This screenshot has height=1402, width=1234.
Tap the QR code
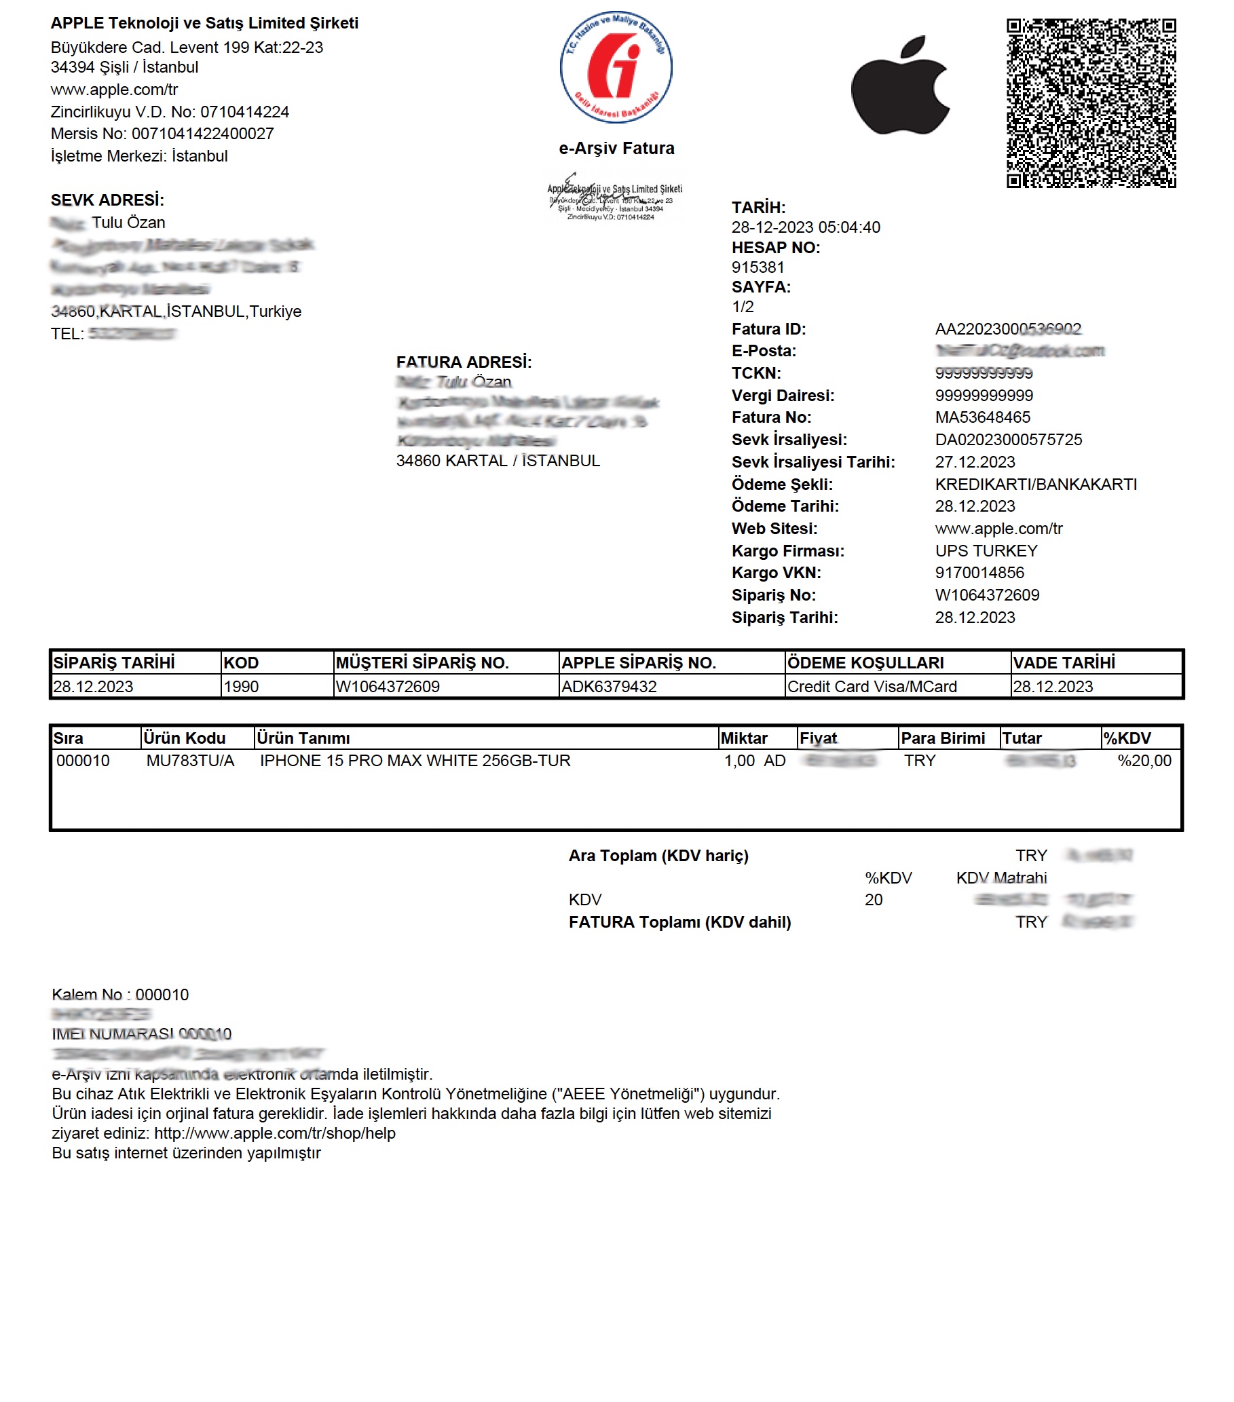[1090, 103]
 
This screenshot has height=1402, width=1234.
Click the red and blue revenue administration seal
[615, 67]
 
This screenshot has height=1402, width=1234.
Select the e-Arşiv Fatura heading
[616, 148]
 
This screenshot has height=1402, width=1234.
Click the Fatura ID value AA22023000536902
[1007, 329]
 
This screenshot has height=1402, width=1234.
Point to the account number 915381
[758, 267]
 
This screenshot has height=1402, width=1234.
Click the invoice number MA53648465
[981, 417]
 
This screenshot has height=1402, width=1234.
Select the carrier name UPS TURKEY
[986, 551]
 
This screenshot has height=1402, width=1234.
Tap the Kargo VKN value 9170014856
[979, 573]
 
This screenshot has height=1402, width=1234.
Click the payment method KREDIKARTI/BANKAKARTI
[1035, 485]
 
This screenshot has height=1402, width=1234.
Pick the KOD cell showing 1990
[242, 687]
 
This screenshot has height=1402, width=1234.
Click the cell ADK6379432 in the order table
[608, 687]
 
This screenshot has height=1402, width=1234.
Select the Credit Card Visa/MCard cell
[871, 687]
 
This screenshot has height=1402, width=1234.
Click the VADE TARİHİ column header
[1063, 662]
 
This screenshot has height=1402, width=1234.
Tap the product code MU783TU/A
[190, 761]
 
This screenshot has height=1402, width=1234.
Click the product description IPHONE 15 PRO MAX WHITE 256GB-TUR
[414, 761]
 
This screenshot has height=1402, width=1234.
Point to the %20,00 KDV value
[1144, 761]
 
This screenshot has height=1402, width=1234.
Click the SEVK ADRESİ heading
[107, 200]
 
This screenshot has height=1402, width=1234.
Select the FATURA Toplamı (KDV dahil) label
[679, 922]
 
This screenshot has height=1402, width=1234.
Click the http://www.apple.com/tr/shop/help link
[274, 1133]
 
